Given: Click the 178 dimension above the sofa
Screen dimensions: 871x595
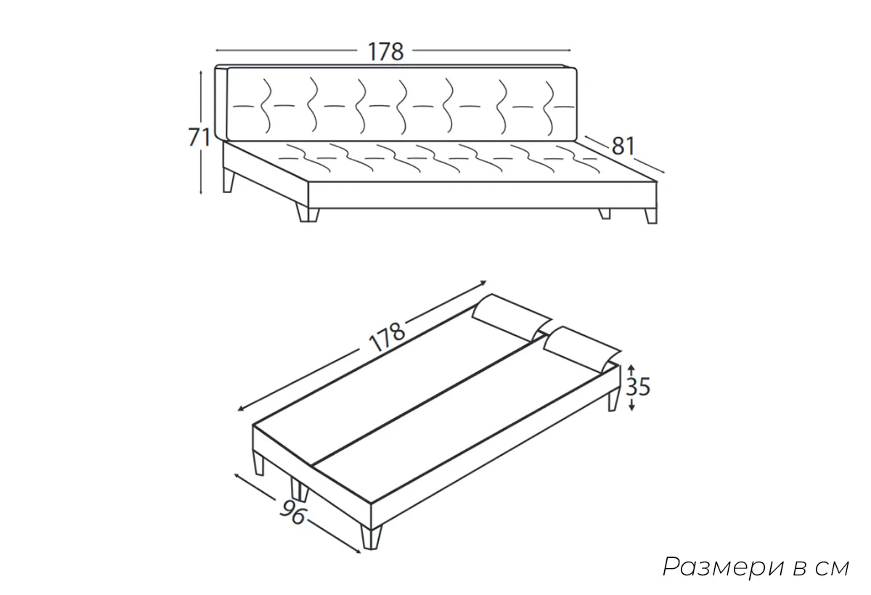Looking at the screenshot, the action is [385, 52].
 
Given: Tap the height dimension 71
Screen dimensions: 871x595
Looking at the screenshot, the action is [199, 137].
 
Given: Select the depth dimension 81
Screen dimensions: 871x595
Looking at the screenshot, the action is [623, 146].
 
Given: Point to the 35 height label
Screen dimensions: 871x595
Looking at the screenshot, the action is [638, 387].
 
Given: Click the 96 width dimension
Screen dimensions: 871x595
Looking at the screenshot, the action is [293, 512].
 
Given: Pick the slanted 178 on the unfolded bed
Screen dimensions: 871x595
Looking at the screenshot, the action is [386, 337].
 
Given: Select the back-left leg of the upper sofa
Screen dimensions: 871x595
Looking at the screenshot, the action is [229, 181].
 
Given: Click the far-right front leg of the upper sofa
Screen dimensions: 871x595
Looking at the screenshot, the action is [651, 216].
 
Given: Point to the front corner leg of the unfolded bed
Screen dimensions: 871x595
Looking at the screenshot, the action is [371, 537].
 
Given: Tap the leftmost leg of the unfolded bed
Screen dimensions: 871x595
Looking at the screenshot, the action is [259, 462].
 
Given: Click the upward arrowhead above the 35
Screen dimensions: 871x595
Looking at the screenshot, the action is [631, 367].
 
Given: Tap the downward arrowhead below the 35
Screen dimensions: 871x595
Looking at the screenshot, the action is [631, 407].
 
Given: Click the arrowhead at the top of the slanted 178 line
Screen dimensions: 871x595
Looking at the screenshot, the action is [483, 282].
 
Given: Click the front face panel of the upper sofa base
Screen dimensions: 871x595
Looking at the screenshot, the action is [482, 194].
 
